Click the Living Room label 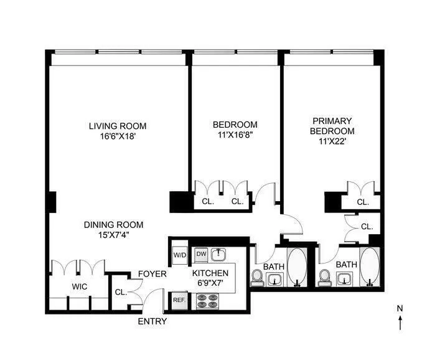coord(117,126)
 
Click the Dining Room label coord(114,225)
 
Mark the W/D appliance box coord(180,255)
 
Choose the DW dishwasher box coord(200,253)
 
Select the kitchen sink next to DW coord(218,254)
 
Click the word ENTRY coord(153,321)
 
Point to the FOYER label coord(152,273)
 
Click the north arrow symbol coord(400,320)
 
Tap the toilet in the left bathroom coord(257,277)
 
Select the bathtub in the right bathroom coord(370,268)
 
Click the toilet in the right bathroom coord(324,277)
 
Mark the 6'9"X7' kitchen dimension coord(210,284)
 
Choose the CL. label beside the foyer coord(120,291)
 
